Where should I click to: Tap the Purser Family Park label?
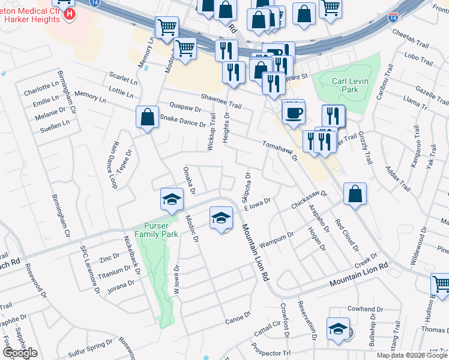tap(155, 229)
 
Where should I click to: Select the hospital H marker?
tap(70, 13)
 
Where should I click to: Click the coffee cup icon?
tap(294, 113)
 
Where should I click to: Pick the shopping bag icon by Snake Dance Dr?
tap(147, 118)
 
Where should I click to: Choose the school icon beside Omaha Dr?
tap(172, 199)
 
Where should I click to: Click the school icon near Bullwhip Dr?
tap(338, 329)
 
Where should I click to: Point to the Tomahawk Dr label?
tap(280, 151)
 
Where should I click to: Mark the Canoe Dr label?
tap(238, 316)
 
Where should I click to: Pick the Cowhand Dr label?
tap(361, 309)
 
